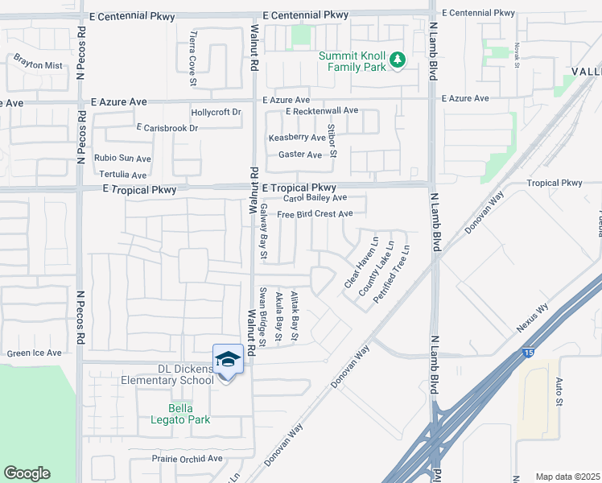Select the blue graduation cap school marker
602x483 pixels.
click(228, 359)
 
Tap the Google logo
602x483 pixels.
click(27, 473)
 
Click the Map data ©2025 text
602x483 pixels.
click(567, 477)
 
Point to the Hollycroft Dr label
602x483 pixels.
click(216, 113)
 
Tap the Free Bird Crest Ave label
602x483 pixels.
click(315, 214)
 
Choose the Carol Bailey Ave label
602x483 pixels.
click(315, 197)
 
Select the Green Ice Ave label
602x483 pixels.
click(34, 353)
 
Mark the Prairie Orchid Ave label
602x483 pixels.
click(187, 459)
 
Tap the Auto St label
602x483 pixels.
click(557, 390)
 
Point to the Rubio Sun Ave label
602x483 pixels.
click(122, 159)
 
